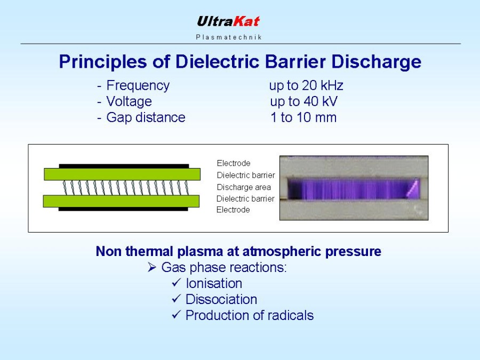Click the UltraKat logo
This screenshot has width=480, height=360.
pos(228,21)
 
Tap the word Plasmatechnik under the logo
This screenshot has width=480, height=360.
pos(229,37)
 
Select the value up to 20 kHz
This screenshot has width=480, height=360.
pos(306,85)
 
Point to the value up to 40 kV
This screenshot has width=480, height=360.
pos(303,101)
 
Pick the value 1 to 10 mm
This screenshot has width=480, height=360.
pos(303,117)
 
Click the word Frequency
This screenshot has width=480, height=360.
pos(138,85)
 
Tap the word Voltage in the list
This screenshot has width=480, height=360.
pos(129,102)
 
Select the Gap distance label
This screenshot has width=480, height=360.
pos(146,117)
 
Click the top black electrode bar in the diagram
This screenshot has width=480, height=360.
pos(124,166)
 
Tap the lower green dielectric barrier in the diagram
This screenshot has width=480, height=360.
pos(121,201)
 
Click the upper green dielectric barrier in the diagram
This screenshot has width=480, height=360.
pos(122,174)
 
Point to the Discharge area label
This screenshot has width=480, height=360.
pos(244,187)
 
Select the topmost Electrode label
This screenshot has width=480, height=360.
pos(234,163)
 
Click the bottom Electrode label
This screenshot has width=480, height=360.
pos(233,210)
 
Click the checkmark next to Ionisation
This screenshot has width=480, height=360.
pos(177,282)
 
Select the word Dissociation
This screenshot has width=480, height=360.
pos(221,299)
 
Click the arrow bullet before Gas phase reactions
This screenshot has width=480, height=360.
pos(152,267)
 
